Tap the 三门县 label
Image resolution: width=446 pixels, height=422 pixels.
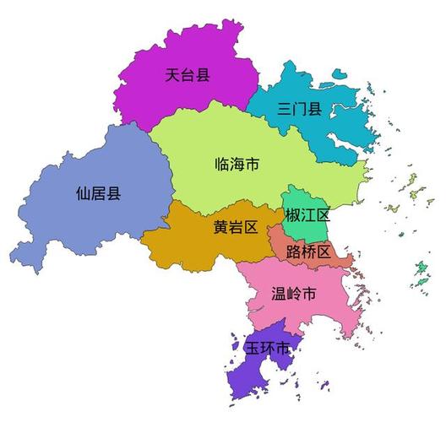[300, 108]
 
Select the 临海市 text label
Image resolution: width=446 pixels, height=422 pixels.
[237, 164]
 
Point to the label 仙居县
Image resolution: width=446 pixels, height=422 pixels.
[98, 193]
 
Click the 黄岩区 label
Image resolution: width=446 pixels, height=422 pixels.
[235, 226]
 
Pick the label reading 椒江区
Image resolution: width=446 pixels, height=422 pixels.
[306, 215]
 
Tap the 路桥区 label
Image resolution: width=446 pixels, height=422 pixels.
[309, 251]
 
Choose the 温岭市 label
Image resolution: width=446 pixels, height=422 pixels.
[294, 295]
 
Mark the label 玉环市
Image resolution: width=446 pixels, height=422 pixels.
[268, 348]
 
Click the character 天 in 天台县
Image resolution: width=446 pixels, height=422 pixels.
[172, 76]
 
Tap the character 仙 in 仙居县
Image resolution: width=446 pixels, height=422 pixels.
[83, 193]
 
